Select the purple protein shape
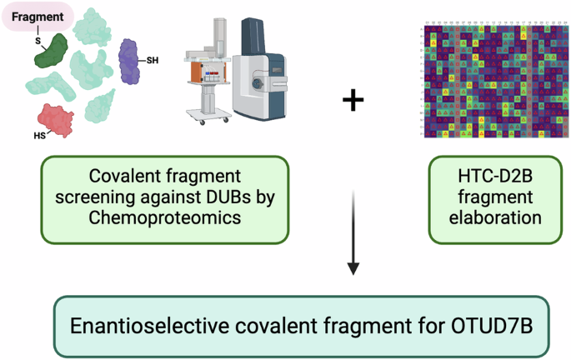click(129, 62)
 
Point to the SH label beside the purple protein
click(153, 59)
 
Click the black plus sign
click(353, 101)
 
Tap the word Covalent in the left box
click(123, 176)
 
